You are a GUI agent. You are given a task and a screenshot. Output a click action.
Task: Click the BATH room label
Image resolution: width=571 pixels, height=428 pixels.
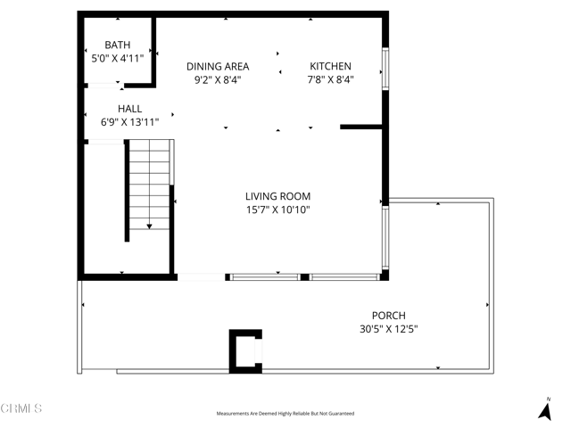point(118,45)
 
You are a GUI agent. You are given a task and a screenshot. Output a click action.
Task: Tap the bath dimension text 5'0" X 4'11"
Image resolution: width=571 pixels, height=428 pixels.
point(118,59)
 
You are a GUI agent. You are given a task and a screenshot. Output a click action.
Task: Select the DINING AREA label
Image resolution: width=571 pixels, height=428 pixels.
point(218,66)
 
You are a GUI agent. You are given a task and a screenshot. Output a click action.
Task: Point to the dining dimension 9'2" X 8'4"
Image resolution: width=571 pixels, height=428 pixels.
point(218,80)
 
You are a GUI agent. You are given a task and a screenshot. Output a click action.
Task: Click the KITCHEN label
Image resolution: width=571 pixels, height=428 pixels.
point(330,66)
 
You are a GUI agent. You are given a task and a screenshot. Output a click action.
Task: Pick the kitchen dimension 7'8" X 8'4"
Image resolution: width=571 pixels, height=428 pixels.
point(330,80)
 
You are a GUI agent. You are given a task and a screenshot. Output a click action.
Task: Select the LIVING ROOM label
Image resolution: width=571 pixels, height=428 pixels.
point(278,196)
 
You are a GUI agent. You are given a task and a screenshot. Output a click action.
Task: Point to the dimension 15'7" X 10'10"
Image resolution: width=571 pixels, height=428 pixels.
point(278,210)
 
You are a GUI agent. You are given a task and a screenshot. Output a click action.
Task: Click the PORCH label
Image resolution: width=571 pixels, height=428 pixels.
point(389,315)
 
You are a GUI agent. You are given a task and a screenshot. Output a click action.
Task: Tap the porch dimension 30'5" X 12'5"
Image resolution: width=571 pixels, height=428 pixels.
point(389,329)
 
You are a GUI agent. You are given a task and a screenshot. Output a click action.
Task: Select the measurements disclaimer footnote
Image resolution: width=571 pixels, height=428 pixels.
point(285,414)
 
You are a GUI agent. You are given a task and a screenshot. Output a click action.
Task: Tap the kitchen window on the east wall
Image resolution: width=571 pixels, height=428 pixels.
point(385,68)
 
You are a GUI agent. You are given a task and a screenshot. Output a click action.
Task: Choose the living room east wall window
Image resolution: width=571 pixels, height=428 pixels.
point(385,239)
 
